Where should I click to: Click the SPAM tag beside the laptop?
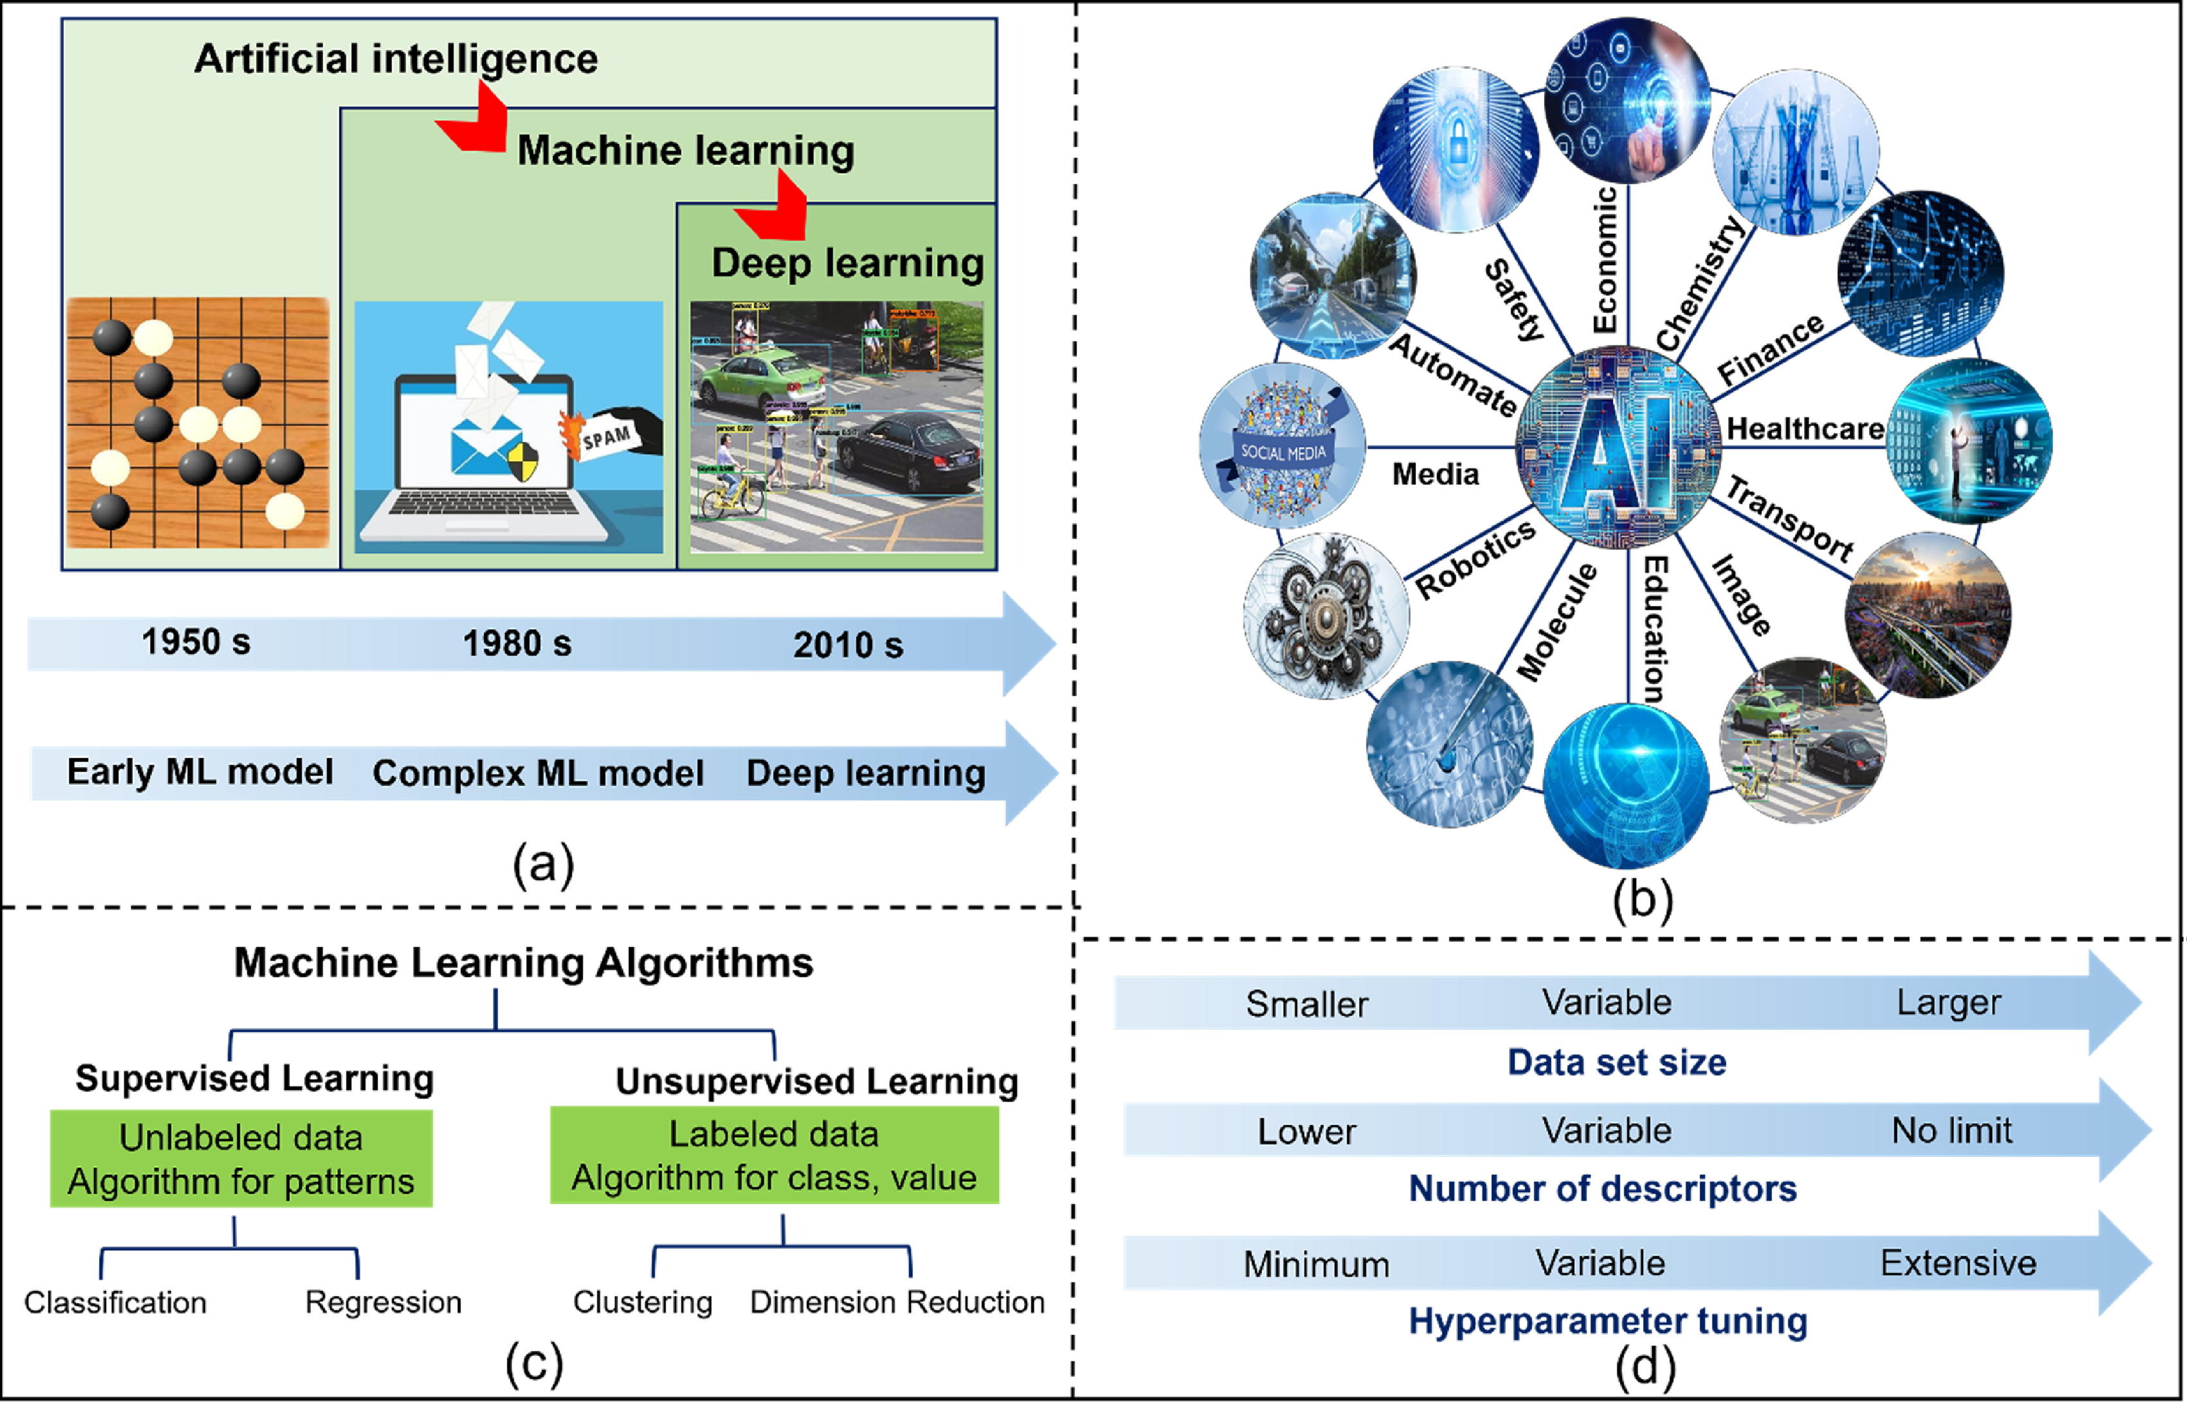pos(607,439)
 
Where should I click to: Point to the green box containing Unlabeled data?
pos(241,1159)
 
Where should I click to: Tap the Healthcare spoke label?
pos(1805,428)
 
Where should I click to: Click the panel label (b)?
pos(1643,900)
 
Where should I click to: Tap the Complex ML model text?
pos(538,773)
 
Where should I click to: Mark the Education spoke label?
pos(1654,629)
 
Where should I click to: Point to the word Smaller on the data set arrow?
pos(1306,1004)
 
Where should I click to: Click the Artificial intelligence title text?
pos(396,59)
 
